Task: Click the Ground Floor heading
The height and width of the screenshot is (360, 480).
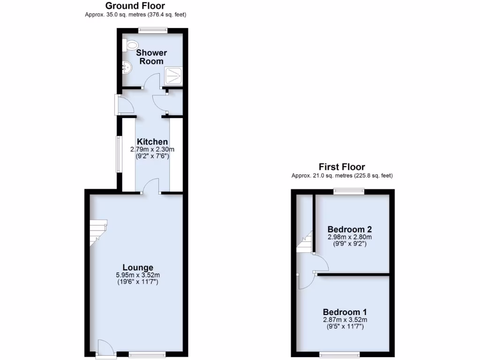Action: (x=135, y=6)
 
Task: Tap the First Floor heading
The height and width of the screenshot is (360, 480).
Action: (x=342, y=167)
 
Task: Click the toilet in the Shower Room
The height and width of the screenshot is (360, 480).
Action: (x=131, y=45)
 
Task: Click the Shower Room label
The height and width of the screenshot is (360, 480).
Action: (x=151, y=57)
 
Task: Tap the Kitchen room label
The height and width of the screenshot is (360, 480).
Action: (x=152, y=142)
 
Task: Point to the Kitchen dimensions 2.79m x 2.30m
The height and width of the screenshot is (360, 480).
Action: (x=152, y=150)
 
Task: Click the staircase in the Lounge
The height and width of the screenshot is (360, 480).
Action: (x=98, y=233)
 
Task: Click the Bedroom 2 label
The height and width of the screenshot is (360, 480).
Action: (x=350, y=229)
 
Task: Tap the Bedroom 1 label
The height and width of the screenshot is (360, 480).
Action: (x=345, y=312)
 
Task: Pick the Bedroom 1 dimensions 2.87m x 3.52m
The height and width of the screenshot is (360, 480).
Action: (x=345, y=320)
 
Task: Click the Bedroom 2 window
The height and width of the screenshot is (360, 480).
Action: (x=349, y=191)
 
